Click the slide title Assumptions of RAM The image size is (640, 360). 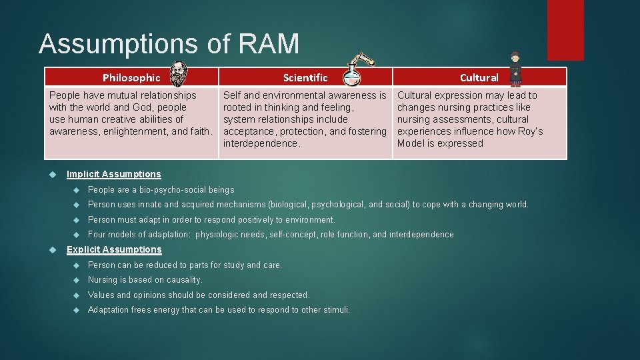coord(169,44)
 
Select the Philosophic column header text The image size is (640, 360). coord(131,77)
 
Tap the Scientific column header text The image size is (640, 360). coord(305,77)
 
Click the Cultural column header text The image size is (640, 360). coord(479,77)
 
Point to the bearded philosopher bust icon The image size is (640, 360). coord(178,74)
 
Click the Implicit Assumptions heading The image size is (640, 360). coord(114,174)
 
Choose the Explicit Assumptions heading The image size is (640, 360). coord(114,249)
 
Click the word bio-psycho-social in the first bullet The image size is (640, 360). coord(166,190)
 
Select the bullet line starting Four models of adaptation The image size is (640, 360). coord(271,235)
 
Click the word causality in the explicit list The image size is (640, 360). coord(182,280)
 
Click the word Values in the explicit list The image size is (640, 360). coord(101,295)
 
